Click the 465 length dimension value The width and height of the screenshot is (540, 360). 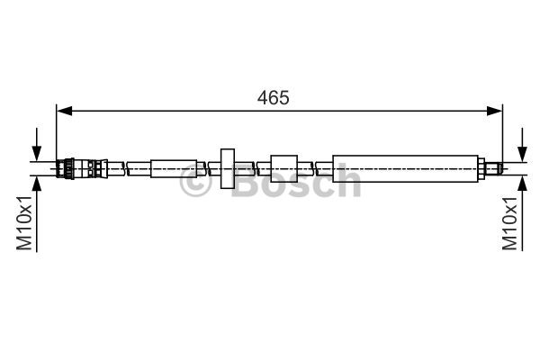point(273,98)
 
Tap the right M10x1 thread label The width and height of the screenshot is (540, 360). point(509,223)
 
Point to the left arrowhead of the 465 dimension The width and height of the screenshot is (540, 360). point(65,111)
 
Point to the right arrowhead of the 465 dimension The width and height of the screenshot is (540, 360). point(494,111)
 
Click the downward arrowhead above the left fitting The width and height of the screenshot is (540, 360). point(37,154)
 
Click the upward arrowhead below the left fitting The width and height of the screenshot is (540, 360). point(37,184)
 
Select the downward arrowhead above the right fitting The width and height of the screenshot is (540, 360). point(522,154)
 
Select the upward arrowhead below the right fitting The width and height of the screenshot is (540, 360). point(522,183)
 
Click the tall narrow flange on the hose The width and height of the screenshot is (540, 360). point(228,168)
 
